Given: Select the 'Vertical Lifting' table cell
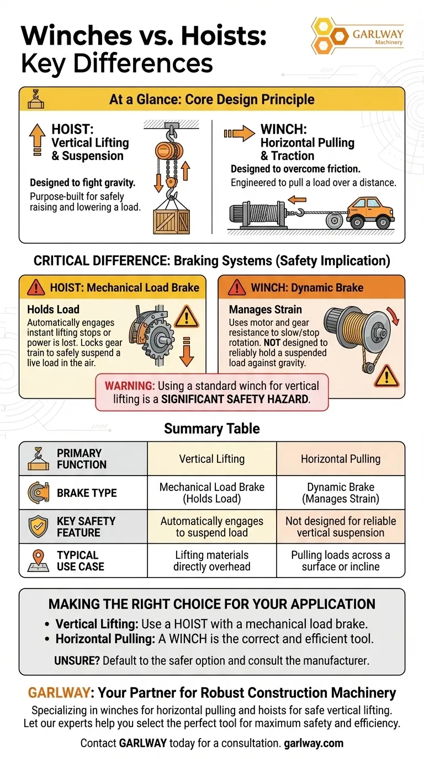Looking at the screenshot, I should click(212, 458).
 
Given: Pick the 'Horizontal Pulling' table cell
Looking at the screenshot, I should click(341, 458).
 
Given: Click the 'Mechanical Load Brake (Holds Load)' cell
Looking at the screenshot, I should click(212, 493).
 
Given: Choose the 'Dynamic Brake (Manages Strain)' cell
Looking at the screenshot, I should click(341, 493).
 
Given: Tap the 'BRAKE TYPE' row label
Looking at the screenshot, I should click(87, 493).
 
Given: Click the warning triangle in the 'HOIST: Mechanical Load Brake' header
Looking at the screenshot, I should click(36, 287).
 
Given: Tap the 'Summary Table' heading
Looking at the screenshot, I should click(212, 428).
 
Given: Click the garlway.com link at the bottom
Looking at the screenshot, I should click(314, 743).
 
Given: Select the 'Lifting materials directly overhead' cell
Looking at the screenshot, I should click(212, 560).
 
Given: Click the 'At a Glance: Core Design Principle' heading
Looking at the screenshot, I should click(212, 100).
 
